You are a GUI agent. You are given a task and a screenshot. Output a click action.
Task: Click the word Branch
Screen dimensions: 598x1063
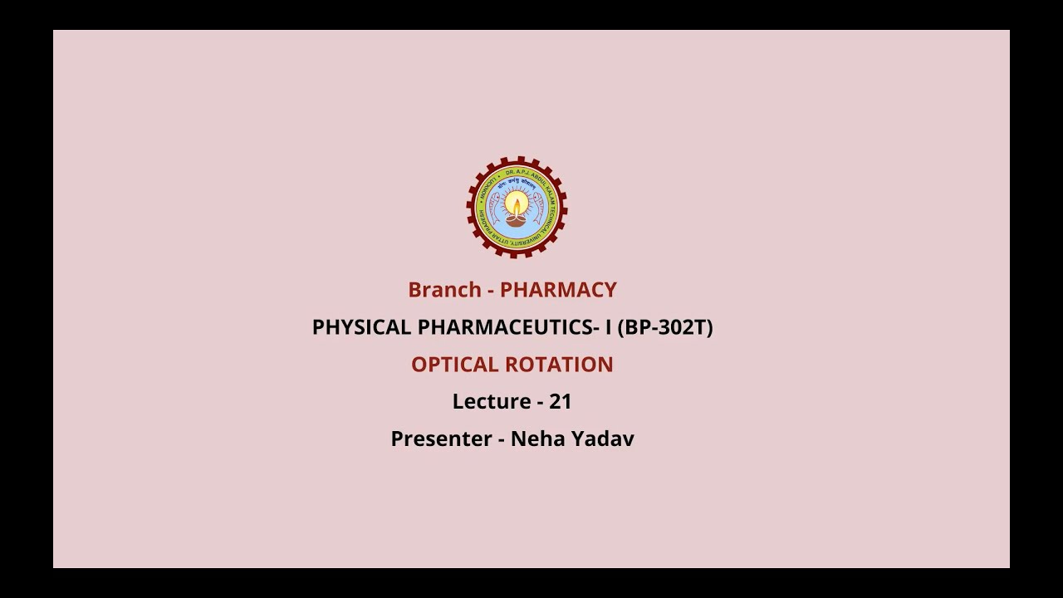(x=444, y=290)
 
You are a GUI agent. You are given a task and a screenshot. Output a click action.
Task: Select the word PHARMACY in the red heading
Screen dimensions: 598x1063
(x=558, y=290)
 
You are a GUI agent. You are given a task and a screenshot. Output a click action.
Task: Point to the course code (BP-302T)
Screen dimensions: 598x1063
(x=664, y=327)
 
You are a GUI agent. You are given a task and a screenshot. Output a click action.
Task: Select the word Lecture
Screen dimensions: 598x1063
(x=490, y=402)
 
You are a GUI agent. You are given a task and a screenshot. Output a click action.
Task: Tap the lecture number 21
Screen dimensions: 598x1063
(x=561, y=402)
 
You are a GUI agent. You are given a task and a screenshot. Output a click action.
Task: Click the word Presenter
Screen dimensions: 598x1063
(x=440, y=439)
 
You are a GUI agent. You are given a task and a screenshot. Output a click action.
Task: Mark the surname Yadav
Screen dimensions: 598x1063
(x=602, y=439)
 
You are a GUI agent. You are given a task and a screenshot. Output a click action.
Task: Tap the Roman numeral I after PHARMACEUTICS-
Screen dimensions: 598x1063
(x=608, y=327)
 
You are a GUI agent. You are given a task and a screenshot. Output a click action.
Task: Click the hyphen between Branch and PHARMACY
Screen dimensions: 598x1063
(x=491, y=291)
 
